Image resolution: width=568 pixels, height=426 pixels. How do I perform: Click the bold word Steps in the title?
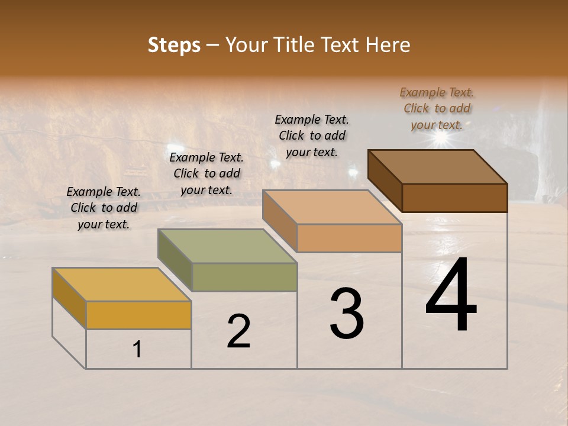pos(174,45)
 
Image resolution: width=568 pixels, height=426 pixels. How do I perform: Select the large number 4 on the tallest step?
pos(451,296)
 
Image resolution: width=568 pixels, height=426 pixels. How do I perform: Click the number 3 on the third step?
pos(347,314)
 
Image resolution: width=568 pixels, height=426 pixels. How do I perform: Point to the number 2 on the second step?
pos(238,332)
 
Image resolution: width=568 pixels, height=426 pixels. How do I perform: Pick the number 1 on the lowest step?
pos(137,350)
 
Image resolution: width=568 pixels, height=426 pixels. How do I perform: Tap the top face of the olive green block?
pos(227,246)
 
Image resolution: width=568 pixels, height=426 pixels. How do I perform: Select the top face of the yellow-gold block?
pos(121,284)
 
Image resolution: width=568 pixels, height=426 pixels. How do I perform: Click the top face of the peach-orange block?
pos(332,207)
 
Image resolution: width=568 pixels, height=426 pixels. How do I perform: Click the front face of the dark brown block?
pos(454,198)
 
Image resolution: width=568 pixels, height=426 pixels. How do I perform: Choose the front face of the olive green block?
pos(244,277)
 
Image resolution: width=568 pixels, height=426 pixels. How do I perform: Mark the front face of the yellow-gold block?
pos(138,315)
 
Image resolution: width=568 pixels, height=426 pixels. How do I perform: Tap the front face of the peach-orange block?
pos(349,238)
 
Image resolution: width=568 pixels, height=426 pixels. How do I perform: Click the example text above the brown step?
pos(437,108)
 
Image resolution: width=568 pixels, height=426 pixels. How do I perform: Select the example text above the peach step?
pos(312,135)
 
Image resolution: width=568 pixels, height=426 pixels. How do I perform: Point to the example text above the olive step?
pos(206,173)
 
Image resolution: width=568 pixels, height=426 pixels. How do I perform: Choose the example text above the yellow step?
pos(104,208)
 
